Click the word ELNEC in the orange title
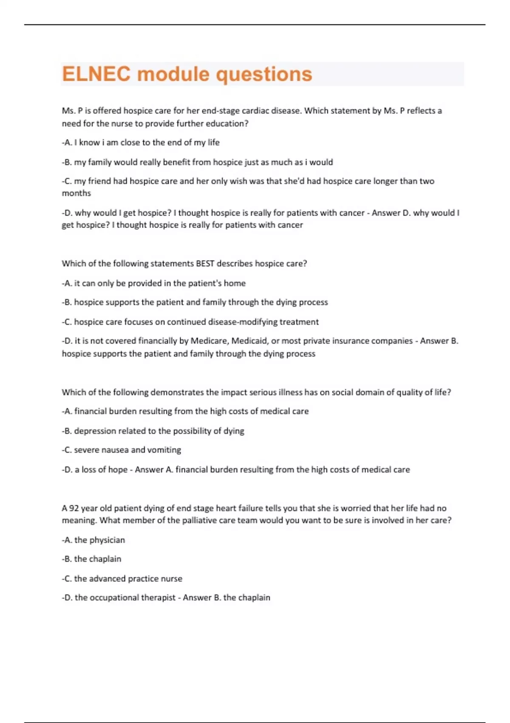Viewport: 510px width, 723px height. pos(96,74)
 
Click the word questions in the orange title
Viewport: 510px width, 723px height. pos(264,74)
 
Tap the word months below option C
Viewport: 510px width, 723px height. pos(76,193)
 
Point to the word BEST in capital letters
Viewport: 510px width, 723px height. pos(205,264)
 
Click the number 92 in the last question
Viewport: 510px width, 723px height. pos(74,508)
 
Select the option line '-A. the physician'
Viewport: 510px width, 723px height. pos(93,540)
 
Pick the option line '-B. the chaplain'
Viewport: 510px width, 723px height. pos(91,559)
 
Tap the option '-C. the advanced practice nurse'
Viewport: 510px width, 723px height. pos(122,578)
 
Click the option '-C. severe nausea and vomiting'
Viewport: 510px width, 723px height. pos(122,450)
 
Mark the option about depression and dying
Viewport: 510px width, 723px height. pos(153,431)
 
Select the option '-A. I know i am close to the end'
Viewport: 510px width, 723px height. pos(141,142)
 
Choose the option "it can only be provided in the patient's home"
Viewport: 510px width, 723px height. pos(154,283)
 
